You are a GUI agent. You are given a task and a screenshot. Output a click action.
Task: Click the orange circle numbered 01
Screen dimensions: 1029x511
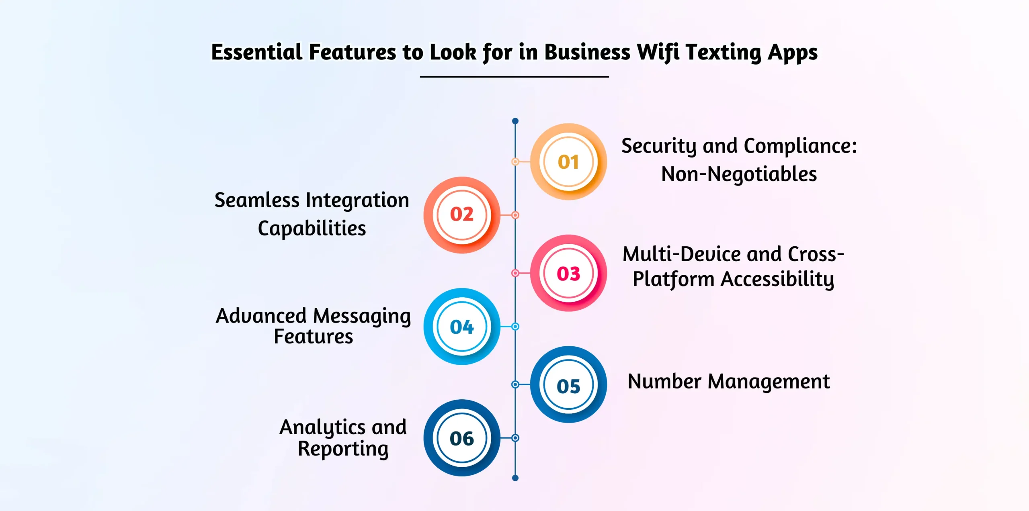coord(568,161)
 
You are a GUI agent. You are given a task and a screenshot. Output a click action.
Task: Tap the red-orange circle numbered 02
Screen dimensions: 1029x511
coord(462,215)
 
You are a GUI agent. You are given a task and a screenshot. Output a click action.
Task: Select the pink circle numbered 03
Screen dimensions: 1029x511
coord(568,273)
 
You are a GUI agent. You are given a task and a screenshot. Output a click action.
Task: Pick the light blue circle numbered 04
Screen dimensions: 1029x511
coord(462,326)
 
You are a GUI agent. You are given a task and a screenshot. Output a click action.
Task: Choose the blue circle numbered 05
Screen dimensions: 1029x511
coord(568,384)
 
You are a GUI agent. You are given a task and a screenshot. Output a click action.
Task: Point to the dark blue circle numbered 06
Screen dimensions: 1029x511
coord(462,438)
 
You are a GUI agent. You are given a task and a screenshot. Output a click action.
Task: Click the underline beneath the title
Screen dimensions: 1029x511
coord(514,76)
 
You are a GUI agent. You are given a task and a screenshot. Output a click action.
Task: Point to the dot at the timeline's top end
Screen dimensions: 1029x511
coord(515,121)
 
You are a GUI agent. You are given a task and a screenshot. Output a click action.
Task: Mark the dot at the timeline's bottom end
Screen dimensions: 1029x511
coord(515,478)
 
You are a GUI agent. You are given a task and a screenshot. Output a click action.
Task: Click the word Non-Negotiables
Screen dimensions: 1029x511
coord(739,174)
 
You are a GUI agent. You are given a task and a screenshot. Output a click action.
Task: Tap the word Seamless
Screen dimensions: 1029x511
coord(257,200)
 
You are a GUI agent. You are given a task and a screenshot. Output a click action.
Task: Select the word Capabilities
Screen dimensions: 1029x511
coord(312,229)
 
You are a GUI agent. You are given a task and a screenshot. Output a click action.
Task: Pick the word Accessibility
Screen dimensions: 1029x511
coord(777,279)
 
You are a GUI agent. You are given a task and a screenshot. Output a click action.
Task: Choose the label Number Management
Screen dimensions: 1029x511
coord(729,382)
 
